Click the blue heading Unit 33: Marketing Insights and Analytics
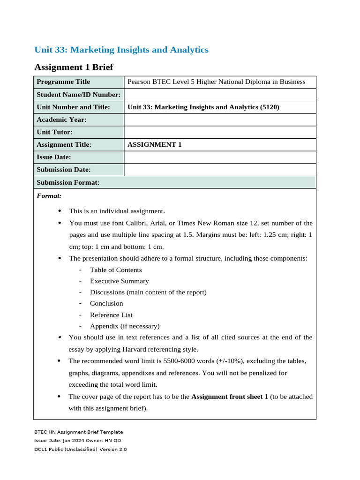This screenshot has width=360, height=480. [121, 50]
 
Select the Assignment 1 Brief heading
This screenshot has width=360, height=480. [74, 67]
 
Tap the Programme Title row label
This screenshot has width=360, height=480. [63, 82]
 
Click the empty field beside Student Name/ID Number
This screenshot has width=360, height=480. [220, 95]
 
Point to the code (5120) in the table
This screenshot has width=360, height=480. [270, 107]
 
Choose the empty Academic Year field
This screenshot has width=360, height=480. [220, 120]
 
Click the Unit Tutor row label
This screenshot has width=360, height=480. [54, 132]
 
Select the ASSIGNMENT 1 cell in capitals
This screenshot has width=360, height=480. [154, 145]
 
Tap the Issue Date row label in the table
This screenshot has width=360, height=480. [54, 157]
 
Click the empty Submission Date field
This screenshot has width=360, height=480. [220, 170]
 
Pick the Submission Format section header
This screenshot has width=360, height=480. [68, 182]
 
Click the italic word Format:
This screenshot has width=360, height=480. [49, 195]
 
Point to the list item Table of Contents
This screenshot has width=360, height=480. [116, 270]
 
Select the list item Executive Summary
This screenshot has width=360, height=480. [120, 281]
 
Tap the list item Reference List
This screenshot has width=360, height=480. [111, 315]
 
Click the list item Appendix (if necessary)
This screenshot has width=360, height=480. [125, 326]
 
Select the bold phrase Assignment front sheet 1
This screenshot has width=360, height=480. [230, 397]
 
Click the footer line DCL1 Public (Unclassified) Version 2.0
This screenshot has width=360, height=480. [80, 450]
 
